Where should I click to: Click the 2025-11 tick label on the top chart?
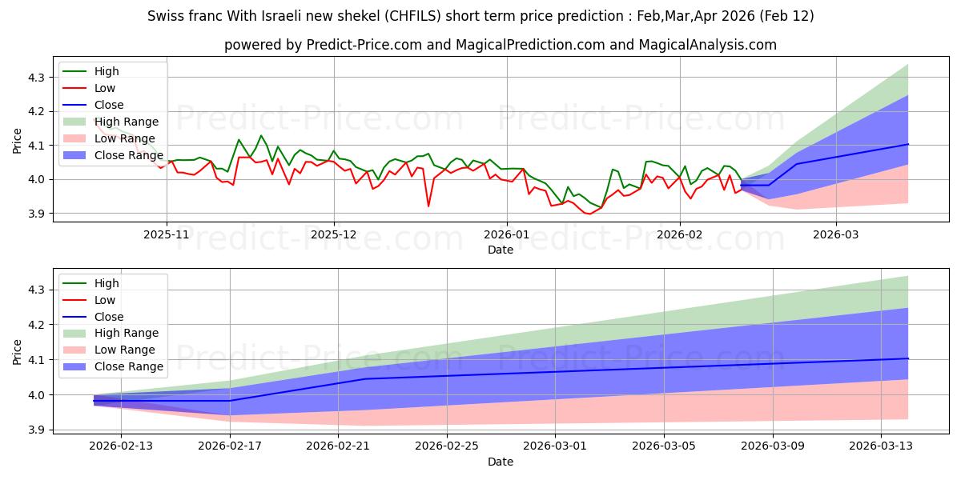tap(167, 234)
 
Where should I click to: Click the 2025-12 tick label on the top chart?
tap(334, 234)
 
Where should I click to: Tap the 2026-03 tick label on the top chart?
tap(835, 234)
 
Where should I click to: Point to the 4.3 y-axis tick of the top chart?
tap(38, 78)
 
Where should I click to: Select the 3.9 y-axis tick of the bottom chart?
tap(38, 430)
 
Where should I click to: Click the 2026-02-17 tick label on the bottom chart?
tap(230, 446)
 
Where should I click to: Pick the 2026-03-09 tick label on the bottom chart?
tap(773, 446)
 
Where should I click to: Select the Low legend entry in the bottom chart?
tap(105, 300)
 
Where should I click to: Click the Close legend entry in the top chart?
tap(109, 105)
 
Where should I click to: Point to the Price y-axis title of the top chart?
tap(18, 142)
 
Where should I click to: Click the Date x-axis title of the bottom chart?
tap(500, 462)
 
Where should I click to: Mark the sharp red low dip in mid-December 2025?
tap(428, 206)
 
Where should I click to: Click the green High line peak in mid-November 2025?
tap(261, 135)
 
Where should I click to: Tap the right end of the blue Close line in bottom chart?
tap(907, 358)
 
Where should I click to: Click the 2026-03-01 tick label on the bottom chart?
tap(556, 446)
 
